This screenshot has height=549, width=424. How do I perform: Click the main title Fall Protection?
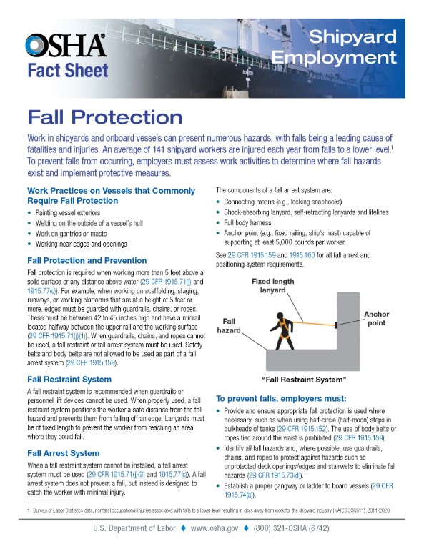click(x=104, y=116)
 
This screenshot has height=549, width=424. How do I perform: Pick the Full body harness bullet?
click(x=252, y=232)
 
